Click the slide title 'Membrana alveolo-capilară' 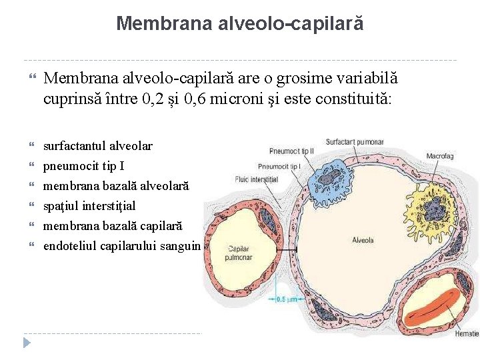pyautogui.click(x=240, y=24)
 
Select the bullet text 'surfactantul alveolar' pyautogui.click(x=98, y=145)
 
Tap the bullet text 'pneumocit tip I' pyautogui.click(x=83, y=166)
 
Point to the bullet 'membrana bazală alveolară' pyautogui.click(x=116, y=186)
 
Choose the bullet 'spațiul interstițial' pyautogui.click(x=89, y=206)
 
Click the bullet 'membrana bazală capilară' pyautogui.click(x=113, y=226)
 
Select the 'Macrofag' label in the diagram pyautogui.click(x=440, y=155)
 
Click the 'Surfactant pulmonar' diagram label pyautogui.click(x=355, y=141)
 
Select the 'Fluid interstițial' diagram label pyautogui.click(x=256, y=179)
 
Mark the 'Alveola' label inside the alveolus pyautogui.click(x=363, y=240)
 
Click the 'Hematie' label pyautogui.click(x=466, y=333)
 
